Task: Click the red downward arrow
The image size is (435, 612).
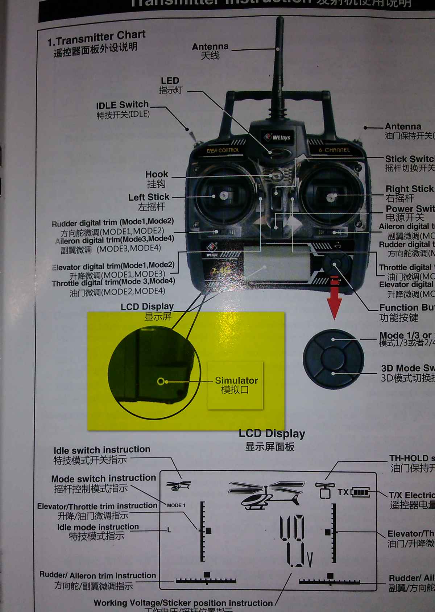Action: (x=335, y=297)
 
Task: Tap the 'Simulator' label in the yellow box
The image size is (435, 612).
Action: (x=236, y=380)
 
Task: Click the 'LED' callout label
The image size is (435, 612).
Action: (x=170, y=81)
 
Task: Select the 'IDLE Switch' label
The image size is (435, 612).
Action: (x=122, y=105)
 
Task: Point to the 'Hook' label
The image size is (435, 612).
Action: (x=157, y=174)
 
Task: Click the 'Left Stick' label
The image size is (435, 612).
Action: (x=149, y=197)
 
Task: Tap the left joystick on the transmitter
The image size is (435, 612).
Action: (x=223, y=196)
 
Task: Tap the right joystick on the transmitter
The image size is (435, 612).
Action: (x=331, y=197)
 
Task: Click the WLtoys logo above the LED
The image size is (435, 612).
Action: (x=277, y=137)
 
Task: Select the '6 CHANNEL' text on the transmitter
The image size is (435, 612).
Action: (x=334, y=150)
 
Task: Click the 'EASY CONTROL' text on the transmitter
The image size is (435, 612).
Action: (x=223, y=150)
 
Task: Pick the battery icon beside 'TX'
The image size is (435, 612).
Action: (x=360, y=492)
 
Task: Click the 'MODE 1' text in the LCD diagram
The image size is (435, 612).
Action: (x=176, y=505)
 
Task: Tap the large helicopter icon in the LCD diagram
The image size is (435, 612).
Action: (x=267, y=494)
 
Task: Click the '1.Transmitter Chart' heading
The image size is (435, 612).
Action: (x=96, y=38)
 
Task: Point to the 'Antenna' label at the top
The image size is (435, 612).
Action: (x=210, y=47)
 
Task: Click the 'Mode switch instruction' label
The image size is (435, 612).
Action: (x=103, y=478)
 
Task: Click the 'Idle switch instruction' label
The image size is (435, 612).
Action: (x=102, y=450)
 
